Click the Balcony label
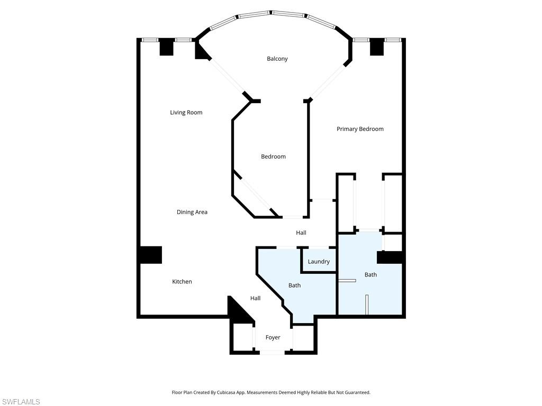pos(277,59)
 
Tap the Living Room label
pos(186,113)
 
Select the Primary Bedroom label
pos(360,129)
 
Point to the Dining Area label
pos(192,212)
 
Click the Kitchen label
pos(182,282)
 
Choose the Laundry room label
pos(319,262)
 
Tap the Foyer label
pos(273,337)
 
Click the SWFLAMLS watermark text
pos(21,402)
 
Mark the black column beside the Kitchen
pos(150,255)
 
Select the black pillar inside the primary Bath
pos(390,257)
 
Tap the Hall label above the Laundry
pos(301,233)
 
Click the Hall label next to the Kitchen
pos(255,298)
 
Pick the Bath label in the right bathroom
pos(371,275)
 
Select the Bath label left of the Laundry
pos(294,285)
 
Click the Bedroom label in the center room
pos(273,156)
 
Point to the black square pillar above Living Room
pos(166,47)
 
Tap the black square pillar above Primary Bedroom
pos(376,47)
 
